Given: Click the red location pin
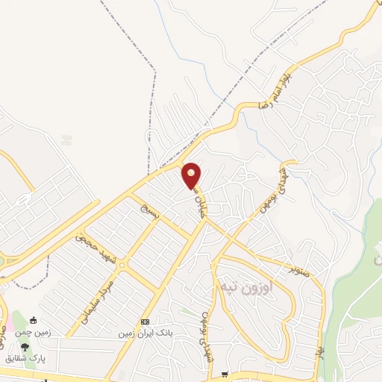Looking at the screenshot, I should click(x=192, y=175).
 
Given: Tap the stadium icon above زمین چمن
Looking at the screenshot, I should click(x=33, y=322).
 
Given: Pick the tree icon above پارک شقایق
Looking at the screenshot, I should click(x=25, y=347).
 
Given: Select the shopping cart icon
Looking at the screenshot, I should click(x=243, y=376).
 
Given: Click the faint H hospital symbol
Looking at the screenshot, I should click(x=67, y=140).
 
